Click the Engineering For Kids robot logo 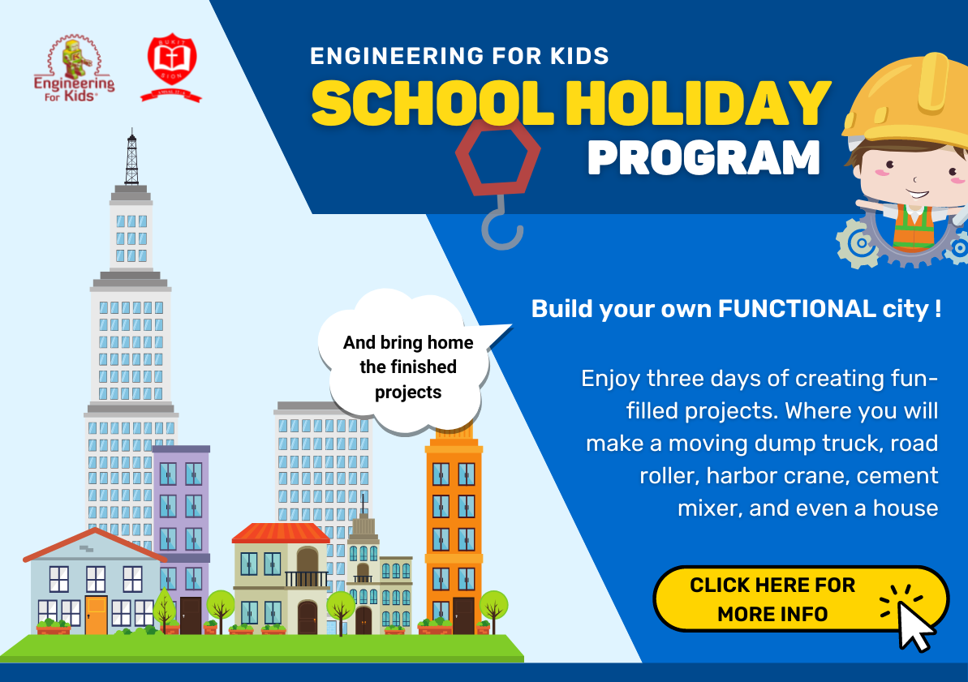(x=74, y=68)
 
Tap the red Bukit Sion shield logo (x=172, y=67)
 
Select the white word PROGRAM (x=703, y=158)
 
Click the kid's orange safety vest (x=913, y=227)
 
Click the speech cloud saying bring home (x=407, y=364)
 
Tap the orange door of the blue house (x=97, y=616)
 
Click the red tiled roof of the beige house (x=281, y=534)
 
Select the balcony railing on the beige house (x=306, y=579)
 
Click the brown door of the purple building (x=191, y=616)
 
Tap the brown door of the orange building (x=463, y=616)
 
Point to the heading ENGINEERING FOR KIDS (x=459, y=56)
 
